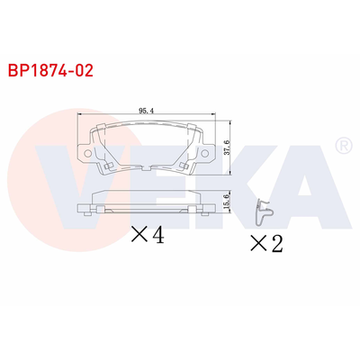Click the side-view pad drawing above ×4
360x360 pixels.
point(149,203)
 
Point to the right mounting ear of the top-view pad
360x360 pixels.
point(210,155)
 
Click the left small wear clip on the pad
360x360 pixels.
point(107,167)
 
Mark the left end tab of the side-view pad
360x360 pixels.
point(85,210)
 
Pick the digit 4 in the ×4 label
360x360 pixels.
point(158,236)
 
